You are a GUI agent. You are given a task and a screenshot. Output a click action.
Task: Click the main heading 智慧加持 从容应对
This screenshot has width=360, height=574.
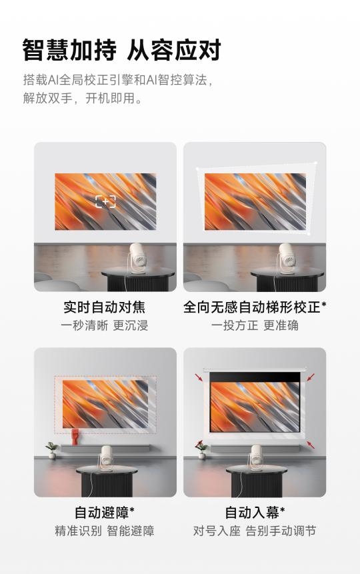121,50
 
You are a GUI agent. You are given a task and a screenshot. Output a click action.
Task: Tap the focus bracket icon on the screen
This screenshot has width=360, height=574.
105,202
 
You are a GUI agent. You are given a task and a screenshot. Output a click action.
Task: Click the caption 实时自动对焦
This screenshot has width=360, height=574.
105,307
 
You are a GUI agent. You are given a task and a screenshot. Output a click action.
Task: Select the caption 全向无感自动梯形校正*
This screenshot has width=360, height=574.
255,307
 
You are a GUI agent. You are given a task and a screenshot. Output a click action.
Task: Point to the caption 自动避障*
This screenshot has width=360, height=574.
105,512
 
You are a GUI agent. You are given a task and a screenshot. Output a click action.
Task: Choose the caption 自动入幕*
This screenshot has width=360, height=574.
255,512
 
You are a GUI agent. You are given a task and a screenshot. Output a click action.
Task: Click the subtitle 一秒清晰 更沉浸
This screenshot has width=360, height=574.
105,325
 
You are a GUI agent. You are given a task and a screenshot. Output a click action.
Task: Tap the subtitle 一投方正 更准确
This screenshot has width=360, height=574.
255,325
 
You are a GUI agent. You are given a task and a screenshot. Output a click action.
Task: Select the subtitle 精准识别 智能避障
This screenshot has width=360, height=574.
105,531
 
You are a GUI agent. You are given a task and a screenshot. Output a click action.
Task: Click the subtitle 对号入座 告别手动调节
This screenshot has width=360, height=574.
255,531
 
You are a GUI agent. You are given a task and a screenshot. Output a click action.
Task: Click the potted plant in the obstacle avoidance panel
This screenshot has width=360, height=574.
53,450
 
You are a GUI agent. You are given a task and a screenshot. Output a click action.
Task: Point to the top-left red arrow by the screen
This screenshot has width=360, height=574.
199,377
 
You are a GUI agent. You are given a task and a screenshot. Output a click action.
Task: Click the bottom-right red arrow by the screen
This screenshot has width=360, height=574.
311,445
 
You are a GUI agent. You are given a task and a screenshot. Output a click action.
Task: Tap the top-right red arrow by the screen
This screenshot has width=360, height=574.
311,377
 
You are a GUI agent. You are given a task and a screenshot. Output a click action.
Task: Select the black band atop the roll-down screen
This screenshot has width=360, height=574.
255,377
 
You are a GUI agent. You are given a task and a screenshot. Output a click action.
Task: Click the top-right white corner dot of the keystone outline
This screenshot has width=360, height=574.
316,163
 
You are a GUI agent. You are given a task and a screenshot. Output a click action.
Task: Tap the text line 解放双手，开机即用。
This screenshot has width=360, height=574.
83,98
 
